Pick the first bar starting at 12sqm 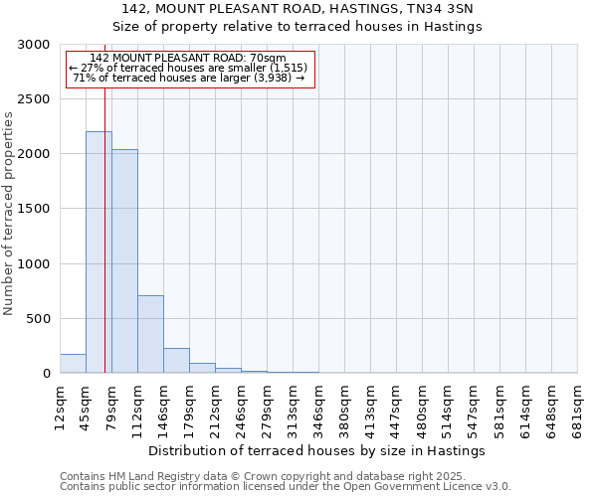pos(73,364)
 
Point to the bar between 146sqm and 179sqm pos(176,361)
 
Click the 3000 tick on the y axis pos(36,45)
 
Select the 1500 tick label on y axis pos(36,210)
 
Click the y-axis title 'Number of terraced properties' pos(9,214)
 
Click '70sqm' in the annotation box pos(269,59)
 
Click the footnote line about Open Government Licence pos(286,487)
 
